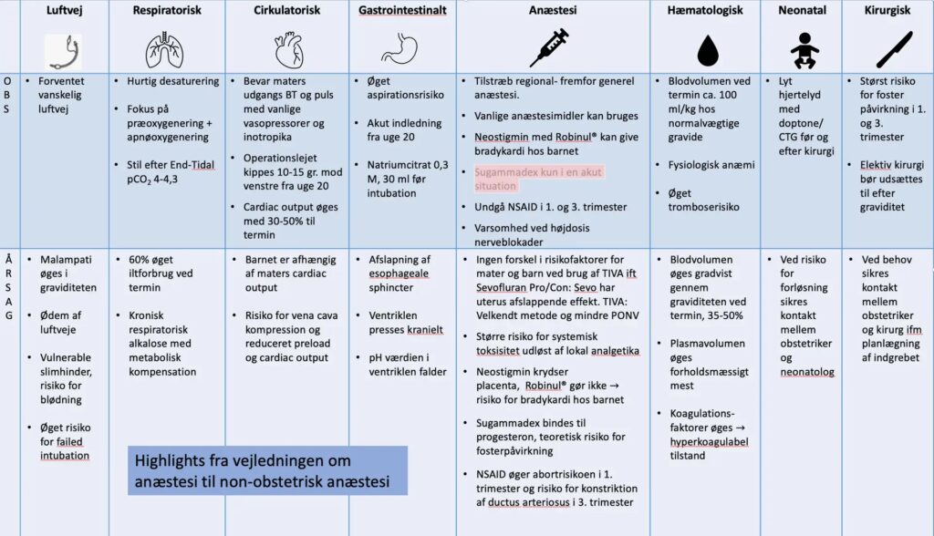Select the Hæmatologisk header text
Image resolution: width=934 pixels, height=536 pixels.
tap(705, 10)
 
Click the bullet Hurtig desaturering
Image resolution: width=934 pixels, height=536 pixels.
tap(166, 81)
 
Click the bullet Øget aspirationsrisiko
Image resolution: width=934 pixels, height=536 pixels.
tap(409, 89)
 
